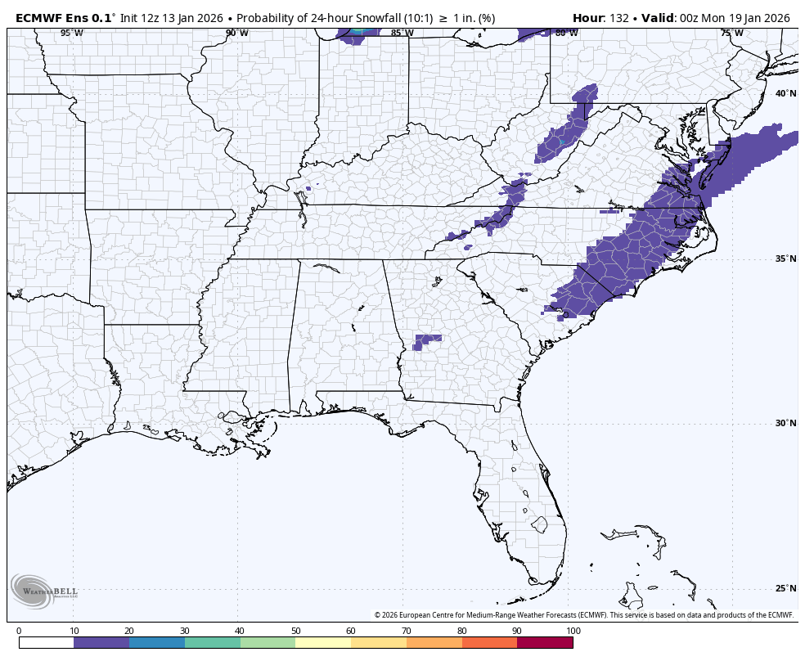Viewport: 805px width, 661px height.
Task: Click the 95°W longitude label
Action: [71, 33]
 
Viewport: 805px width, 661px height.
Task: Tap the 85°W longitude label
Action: [401, 33]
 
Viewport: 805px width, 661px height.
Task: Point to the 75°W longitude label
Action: [731, 33]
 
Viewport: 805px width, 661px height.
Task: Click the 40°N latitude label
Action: [785, 93]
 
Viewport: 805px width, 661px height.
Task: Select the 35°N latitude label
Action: [785, 259]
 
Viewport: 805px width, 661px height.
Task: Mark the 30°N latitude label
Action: [785, 423]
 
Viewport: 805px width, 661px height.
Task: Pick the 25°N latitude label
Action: [785, 588]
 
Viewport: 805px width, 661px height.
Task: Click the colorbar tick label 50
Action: [295, 631]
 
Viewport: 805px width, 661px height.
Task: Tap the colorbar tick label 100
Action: [573, 631]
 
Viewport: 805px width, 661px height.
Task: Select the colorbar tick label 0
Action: [19, 631]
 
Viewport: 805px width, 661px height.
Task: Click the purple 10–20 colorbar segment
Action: [101, 643]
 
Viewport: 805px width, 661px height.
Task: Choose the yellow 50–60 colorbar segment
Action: [323, 643]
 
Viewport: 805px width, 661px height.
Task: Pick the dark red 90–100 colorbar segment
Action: [545, 643]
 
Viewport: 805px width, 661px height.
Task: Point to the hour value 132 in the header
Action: [618, 17]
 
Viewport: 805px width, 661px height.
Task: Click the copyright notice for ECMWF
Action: [584, 615]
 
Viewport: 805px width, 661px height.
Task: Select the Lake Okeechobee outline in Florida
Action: [538, 524]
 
